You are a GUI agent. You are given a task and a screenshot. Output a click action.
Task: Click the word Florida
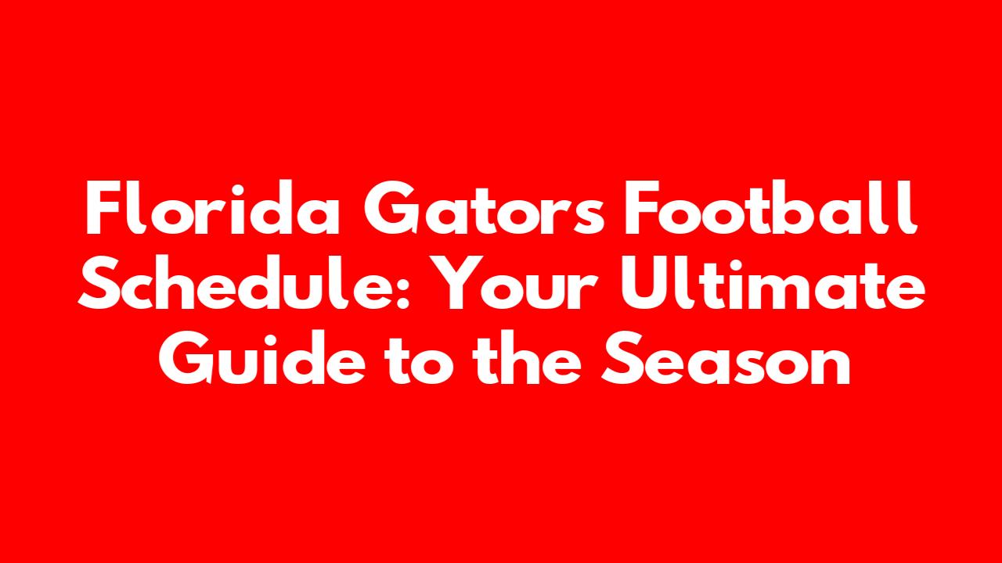212,208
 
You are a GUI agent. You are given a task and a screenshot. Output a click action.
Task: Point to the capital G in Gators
391,208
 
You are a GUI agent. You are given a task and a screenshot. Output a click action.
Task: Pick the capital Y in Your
449,283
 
